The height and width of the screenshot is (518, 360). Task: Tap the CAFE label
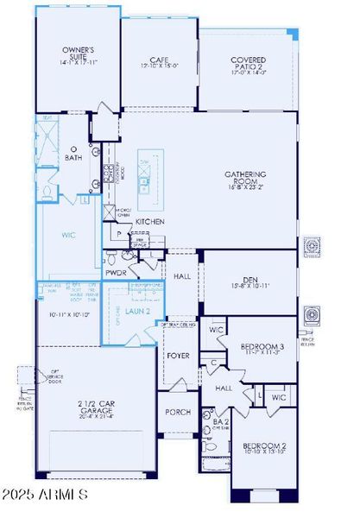click(x=158, y=60)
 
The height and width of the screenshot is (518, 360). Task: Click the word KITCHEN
click(x=150, y=222)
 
